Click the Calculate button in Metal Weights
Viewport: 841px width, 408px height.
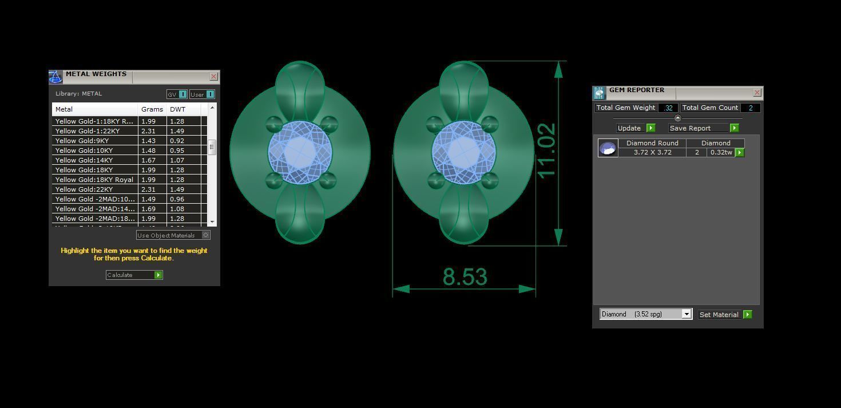(134, 275)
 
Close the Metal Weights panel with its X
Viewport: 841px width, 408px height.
(213, 76)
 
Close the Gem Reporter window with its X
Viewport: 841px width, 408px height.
(757, 92)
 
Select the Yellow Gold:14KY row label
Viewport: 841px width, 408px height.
(84, 160)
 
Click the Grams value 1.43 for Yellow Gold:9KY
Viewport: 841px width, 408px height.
(148, 141)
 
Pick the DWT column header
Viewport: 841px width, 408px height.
(178, 109)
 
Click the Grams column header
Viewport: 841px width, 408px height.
(152, 109)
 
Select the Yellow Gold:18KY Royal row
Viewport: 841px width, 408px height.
(94, 180)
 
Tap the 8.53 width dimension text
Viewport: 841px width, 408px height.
(465, 277)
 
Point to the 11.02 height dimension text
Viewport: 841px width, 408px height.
(546, 150)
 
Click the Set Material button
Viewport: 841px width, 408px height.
(724, 315)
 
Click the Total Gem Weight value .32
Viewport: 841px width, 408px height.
(668, 108)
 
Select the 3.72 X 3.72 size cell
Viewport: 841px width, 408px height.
(652, 152)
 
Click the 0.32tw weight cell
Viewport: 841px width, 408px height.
(721, 152)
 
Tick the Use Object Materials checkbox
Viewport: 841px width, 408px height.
(206, 235)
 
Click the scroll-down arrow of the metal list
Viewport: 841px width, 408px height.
(212, 221)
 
